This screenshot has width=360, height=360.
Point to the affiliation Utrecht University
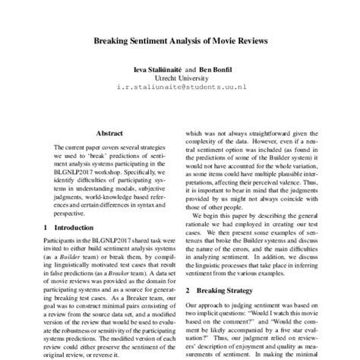(180, 78)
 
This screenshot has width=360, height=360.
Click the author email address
(180, 89)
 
